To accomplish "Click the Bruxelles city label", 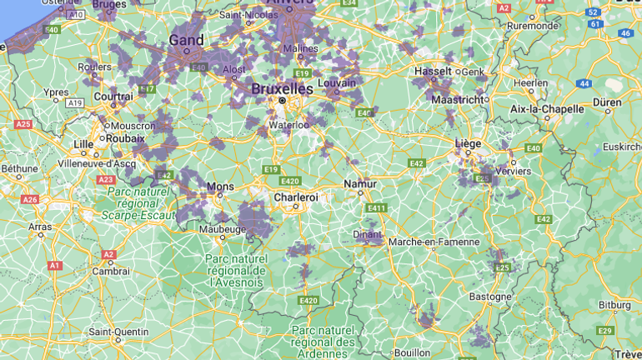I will click(283, 88).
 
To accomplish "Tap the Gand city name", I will click(186, 40).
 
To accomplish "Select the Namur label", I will click(360, 184).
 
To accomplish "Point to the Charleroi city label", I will click(296, 197).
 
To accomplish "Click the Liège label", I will click(469, 143).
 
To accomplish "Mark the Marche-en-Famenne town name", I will click(434, 242).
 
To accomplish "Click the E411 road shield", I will click(376, 207).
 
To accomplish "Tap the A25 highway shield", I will click(23, 124).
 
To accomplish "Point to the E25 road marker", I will click(502, 267).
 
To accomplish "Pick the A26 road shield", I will click(30, 199).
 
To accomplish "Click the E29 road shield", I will click(605, 331).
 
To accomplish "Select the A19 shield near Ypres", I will click(75, 102).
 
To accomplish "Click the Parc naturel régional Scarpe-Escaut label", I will click(138, 202).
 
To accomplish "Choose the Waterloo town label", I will click(288, 125).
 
